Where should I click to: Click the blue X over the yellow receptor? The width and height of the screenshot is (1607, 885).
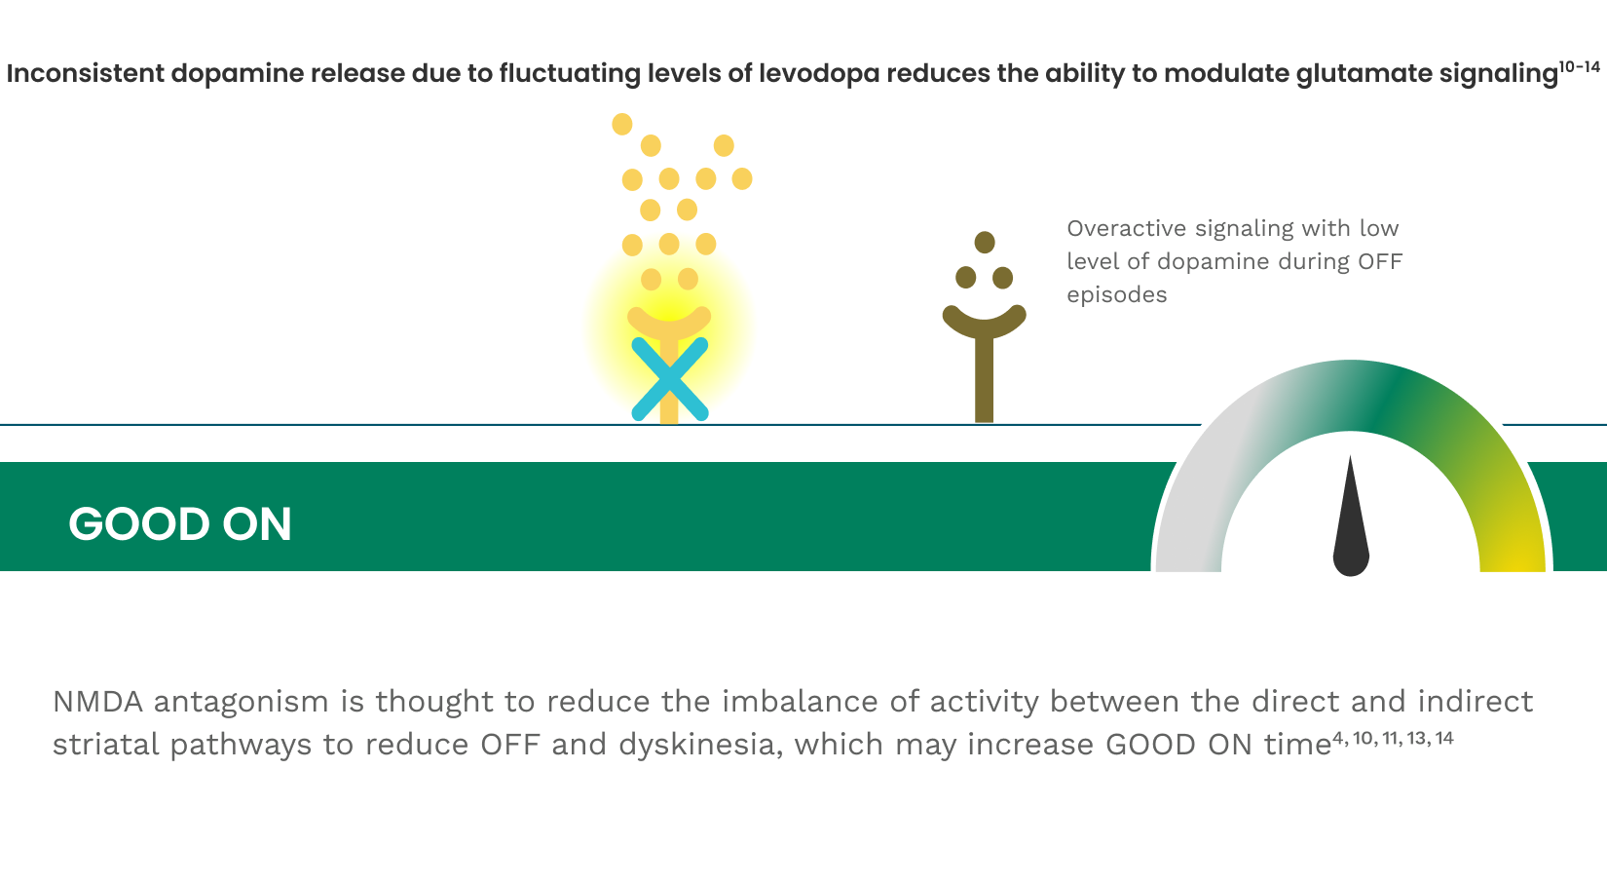(669, 379)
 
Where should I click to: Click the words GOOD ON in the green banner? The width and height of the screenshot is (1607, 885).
(180, 523)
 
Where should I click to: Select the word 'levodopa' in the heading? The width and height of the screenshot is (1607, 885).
(819, 73)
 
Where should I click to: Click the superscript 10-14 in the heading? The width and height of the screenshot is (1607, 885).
(1579, 66)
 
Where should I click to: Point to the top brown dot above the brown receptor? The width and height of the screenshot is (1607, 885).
(985, 243)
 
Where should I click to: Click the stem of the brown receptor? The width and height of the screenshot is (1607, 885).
(985, 380)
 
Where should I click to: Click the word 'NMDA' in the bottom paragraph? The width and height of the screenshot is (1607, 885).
(97, 701)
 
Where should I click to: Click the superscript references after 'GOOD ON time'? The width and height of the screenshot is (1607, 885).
(1393, 738)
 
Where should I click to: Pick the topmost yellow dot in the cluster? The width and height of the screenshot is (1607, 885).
(622, 124)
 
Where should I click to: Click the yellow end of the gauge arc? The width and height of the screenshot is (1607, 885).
(1513, 557)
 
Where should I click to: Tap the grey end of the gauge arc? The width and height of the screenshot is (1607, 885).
(1189, 557)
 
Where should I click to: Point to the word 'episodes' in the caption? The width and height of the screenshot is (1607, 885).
(1117, 295)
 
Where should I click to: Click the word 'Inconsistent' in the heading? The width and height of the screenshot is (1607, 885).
(86, 73)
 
